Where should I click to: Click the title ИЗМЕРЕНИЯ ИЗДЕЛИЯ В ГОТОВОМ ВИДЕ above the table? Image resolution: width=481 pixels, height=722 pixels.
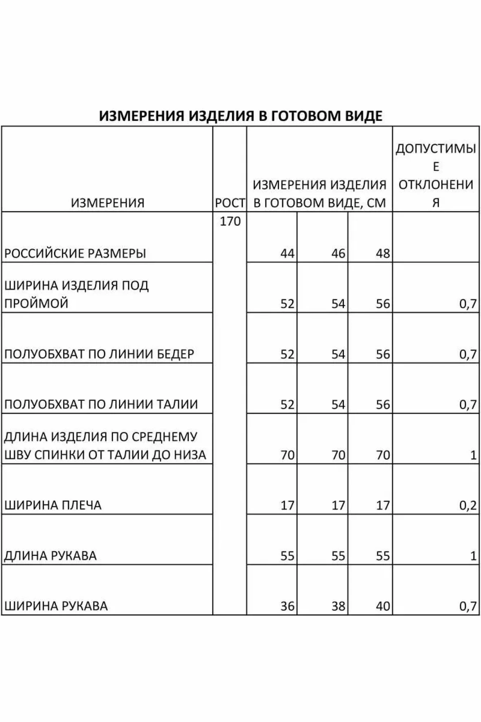(241, 116)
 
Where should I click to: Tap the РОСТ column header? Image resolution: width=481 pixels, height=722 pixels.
(230, 203)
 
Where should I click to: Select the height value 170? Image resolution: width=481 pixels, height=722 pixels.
(230, 221)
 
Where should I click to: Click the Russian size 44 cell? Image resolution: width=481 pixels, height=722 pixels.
(287, 253)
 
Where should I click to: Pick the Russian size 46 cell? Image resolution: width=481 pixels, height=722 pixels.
(338, 253)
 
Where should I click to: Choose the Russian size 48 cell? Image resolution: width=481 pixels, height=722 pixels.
(382, 253)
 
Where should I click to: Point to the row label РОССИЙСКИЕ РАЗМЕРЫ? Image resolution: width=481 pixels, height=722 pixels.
(75, 253)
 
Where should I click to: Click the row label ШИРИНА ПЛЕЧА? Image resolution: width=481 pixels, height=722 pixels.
(53, 505)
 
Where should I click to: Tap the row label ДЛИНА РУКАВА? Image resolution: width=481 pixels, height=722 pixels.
(51, 556)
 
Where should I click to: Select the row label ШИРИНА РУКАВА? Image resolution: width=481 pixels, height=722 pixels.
(56, 606)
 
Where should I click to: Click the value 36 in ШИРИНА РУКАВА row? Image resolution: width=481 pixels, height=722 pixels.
(287, 606)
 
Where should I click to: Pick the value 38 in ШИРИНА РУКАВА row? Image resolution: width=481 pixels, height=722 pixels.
(338, 606)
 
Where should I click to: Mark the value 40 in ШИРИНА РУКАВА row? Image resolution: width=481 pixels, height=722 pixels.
(382, 606)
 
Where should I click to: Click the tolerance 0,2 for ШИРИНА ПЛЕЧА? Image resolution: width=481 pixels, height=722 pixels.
(468, 505)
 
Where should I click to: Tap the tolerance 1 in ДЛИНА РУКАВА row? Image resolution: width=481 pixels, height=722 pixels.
(473, 556)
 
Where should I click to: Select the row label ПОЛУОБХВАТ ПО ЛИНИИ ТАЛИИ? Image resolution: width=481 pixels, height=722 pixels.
(101, 404)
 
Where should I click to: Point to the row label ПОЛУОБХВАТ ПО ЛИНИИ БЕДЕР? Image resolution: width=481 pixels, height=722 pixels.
(99, 354)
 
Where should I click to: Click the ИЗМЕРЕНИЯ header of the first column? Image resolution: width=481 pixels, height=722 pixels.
(108, 203)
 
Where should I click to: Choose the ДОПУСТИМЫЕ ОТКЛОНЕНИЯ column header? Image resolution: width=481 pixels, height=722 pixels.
(436, 175)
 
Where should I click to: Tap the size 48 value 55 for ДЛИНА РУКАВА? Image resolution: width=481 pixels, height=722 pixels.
(382, 556)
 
